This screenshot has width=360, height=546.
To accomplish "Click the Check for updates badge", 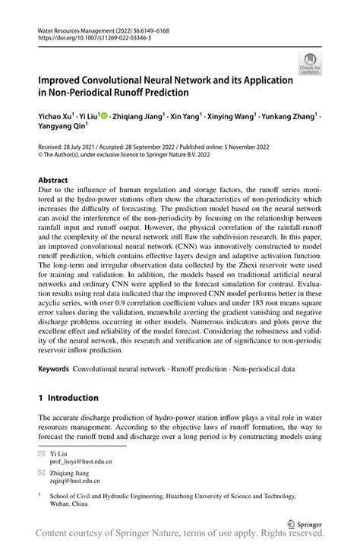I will tap(309, 64).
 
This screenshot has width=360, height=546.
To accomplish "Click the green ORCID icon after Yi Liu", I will tap(104, 118).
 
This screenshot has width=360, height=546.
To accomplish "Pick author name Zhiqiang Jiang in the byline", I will tap(139, 118).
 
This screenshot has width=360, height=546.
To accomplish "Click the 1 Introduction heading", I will tap(69, 398).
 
